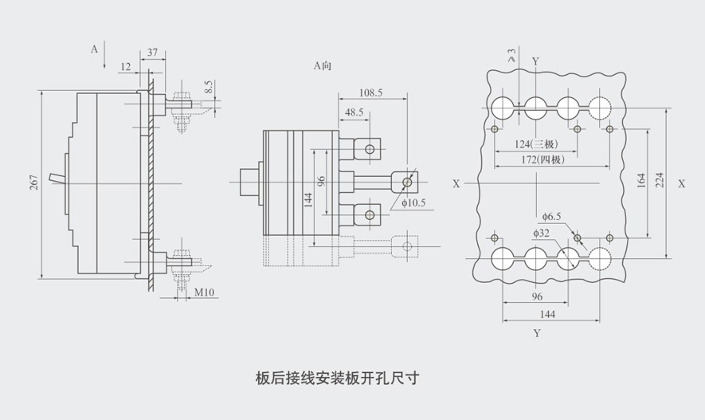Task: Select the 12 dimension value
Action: coord(126,66)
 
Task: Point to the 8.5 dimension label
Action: coord(208,88)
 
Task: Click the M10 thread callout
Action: coord(205,293)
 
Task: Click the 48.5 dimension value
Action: coord(354,113)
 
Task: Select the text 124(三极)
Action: coord(534,143)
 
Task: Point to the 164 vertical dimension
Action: coord(641,181)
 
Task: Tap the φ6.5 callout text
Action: coord(552,216)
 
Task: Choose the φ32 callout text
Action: coord(544,233)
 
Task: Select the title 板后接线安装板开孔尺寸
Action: coord(336,377)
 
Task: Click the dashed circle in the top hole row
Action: coord(599,107)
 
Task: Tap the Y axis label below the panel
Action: coord(536,333)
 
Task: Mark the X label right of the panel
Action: coord(682,183)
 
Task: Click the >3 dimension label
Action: coord(511,56)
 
